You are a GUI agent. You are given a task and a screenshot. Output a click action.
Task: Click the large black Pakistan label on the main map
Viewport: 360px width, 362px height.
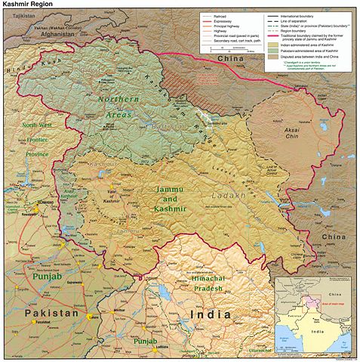50,312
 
